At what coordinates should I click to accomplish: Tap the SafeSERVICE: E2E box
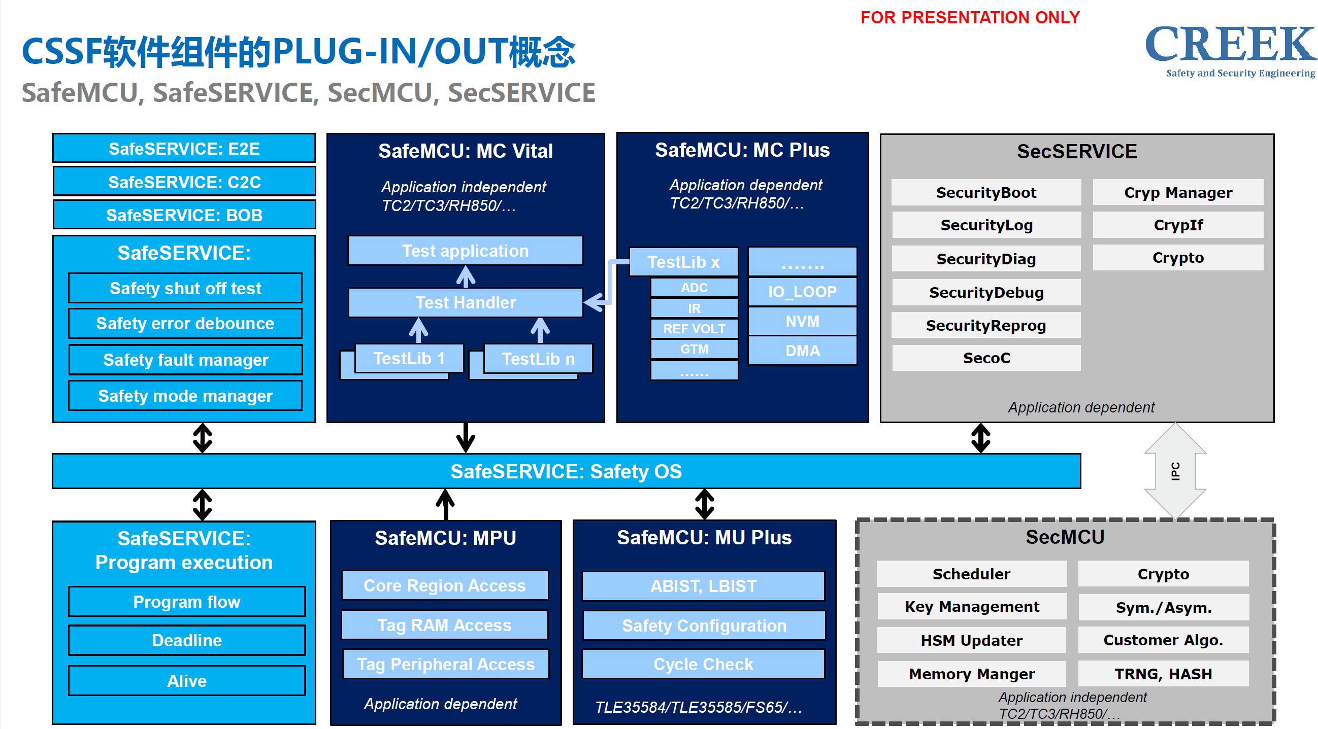point(184,149)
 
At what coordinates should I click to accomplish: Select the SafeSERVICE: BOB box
point(184,215)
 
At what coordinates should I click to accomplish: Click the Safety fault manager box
point(185,360)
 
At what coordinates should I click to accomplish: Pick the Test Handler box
point(465,303)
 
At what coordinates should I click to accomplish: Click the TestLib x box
point(683,262)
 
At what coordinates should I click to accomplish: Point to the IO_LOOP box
point(802,292)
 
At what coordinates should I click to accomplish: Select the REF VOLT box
point(694,329)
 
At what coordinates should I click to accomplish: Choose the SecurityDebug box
point(985,292)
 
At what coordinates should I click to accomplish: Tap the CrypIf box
point(1177,225)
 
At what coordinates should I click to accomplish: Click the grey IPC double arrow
point(1175,471)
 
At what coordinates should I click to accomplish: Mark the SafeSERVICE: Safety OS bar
point(566,471)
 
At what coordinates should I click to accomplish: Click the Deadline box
point(187,640)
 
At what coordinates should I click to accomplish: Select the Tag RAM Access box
point(444,624)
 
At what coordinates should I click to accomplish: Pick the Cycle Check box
point(703,664)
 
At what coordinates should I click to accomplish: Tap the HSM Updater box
point(971,640)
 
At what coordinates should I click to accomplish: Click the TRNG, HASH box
point(1163,674)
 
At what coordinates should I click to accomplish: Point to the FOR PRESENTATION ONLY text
point(970,17)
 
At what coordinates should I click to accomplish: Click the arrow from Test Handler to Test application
point(466,277)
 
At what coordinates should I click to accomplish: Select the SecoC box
point(985,358)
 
